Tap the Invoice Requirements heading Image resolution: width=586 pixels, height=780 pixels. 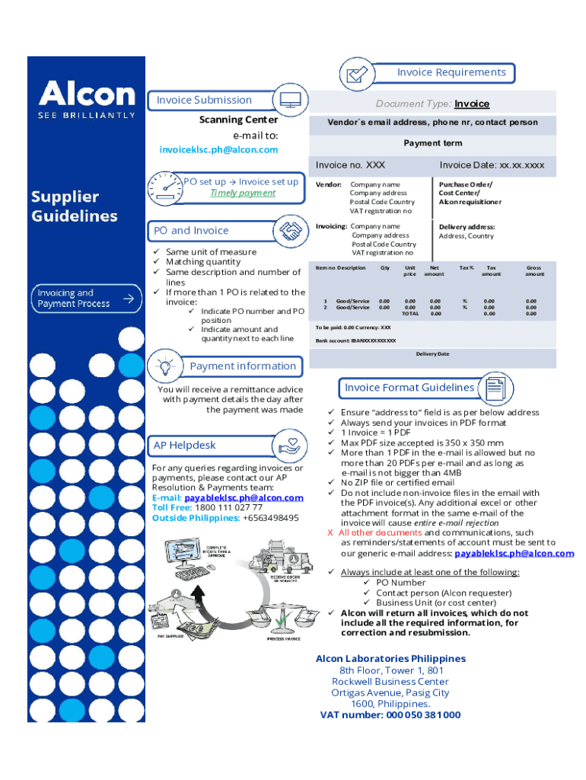pyautogui.click(x=451, y=72)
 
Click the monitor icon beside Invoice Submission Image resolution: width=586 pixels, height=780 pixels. pyautogui.click(x=290, y=100)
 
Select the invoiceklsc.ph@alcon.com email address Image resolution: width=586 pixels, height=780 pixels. pyautogui.click(x=218, y=150)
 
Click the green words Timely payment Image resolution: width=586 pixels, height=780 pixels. pyautogui.click(x=243, y=193)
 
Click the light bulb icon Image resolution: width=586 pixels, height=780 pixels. pyautogui.click(x=164, y=366)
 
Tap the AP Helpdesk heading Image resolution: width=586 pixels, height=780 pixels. pyautogui.click(x=185, y=446)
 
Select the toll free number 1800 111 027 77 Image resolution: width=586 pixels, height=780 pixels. pyautogui.click(x=229, y=507)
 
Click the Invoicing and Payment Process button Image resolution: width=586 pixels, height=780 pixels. pyautogui.click(x=86, y=298)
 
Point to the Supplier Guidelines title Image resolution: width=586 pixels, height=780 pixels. pyautogui.click(x=75, y=206)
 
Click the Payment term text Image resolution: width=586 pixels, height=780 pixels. pyautogui.click(x=432, y=143)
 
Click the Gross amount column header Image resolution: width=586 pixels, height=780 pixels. pyautogui.click(x=534, y=271)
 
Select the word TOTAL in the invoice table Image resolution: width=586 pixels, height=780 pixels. pyautogui.click(x=410, y=314)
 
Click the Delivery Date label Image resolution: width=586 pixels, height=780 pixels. pyautogui.click(x=432, y=354)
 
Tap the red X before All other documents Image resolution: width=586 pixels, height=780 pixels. pyautogui.click(x=330, y=533)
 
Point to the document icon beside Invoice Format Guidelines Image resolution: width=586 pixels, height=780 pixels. pyautogui.click(x=495, y=387)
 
